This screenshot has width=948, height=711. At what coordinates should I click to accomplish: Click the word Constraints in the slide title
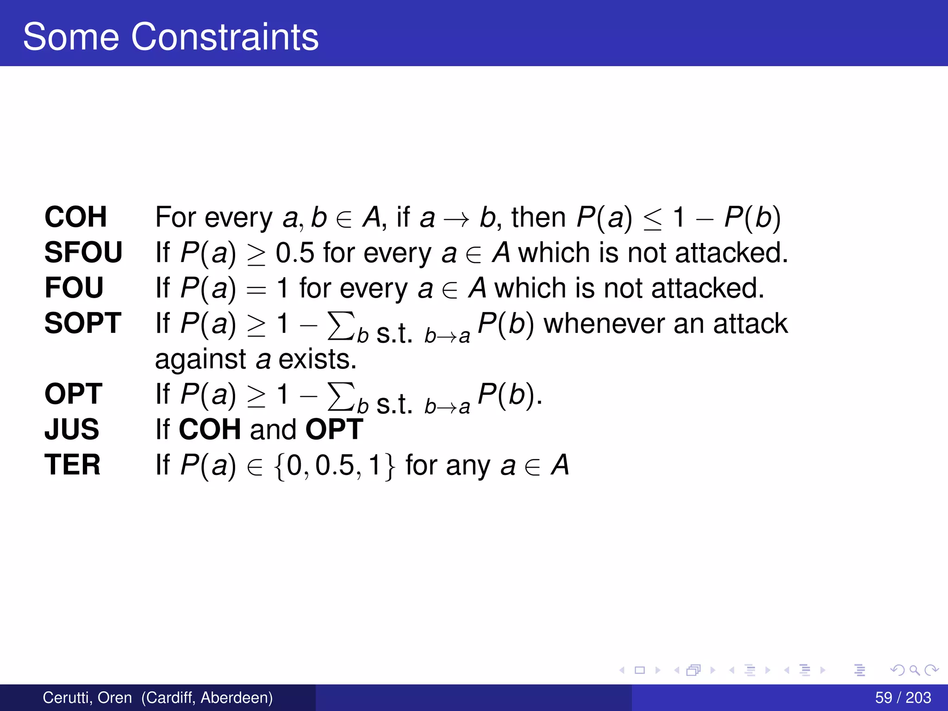click(x=225, y=37)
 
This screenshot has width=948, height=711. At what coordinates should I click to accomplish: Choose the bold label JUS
click(x=72, y=429)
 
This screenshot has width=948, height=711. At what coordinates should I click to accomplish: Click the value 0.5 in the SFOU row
click(x=295, y=253)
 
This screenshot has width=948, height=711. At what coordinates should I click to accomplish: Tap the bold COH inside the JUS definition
click(x=210, y=429)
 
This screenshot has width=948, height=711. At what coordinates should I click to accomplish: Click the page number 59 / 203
click(x=903, y=697)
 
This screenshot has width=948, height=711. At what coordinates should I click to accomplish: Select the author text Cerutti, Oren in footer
click(x=87, y=697)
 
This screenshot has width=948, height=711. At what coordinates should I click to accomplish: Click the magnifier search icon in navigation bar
click(x=914, y=670)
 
